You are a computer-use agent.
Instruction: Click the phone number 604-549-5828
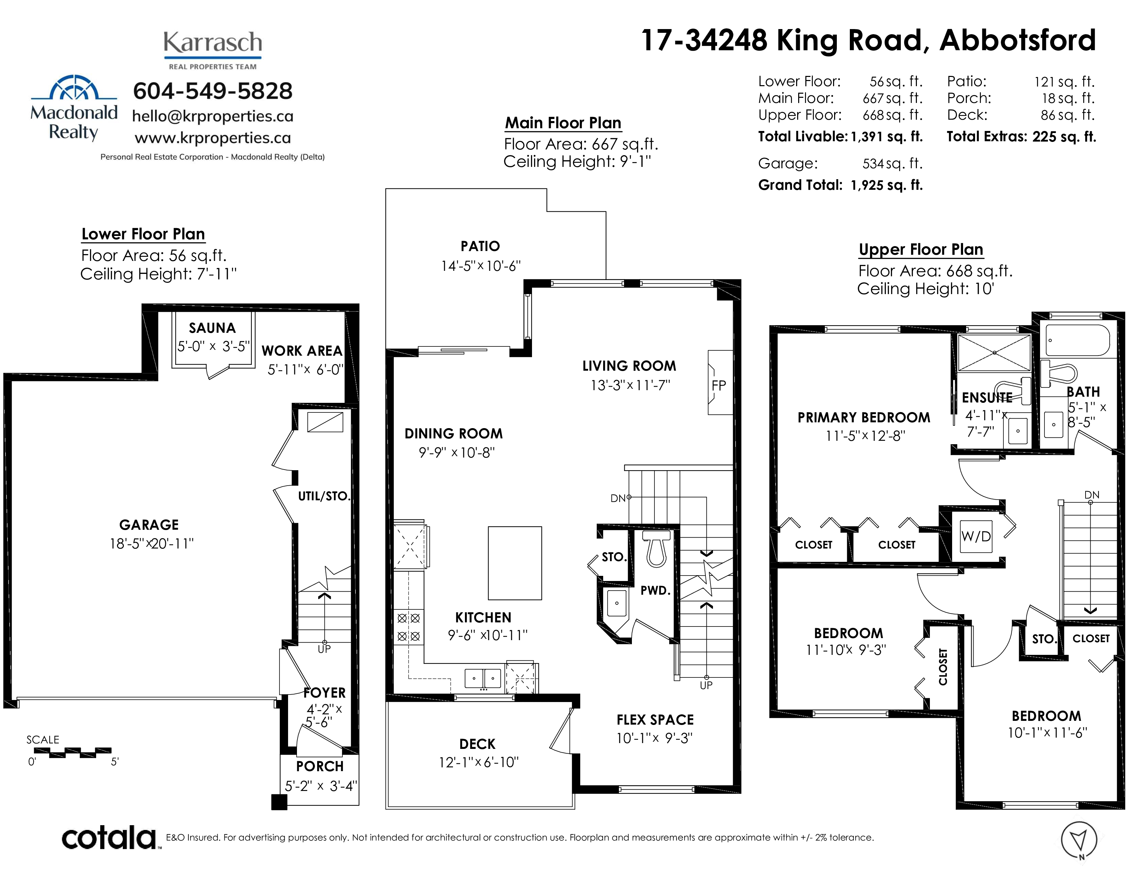(212, 91)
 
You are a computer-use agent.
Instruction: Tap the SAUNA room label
(212, 328)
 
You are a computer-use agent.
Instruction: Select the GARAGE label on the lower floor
(149, 525)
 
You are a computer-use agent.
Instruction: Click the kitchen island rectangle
(515, 563)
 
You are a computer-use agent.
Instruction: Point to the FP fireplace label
(718, 385)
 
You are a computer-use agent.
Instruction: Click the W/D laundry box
(976, 537)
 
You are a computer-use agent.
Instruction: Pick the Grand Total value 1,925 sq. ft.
(886, 185)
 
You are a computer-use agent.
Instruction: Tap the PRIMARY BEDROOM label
(864, 418)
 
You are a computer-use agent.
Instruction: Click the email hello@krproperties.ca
(213, 116)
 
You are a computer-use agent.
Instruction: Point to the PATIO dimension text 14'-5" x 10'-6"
(481, 266)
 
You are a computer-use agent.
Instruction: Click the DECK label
(477, 744)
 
